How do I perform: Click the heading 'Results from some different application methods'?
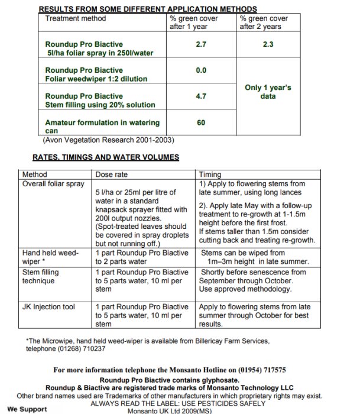[x=147, y=9]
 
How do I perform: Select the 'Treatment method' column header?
[x=76, y=18]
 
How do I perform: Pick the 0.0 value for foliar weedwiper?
[x=200, y=70]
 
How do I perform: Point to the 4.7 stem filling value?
[x=200, y=96]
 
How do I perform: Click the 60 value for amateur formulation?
[x=201, y=122]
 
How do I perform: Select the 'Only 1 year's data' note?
[x=268, y=92]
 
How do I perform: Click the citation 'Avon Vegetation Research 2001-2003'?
[x=109, y=140]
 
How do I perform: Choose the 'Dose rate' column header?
[x=111, y=175]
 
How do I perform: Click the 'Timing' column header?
[x=211, y=175]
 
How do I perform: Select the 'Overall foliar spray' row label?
[x=53, y=184]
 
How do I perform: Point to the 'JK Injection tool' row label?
[x=51, y=308]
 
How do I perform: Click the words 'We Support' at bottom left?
[x=27, y=409]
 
